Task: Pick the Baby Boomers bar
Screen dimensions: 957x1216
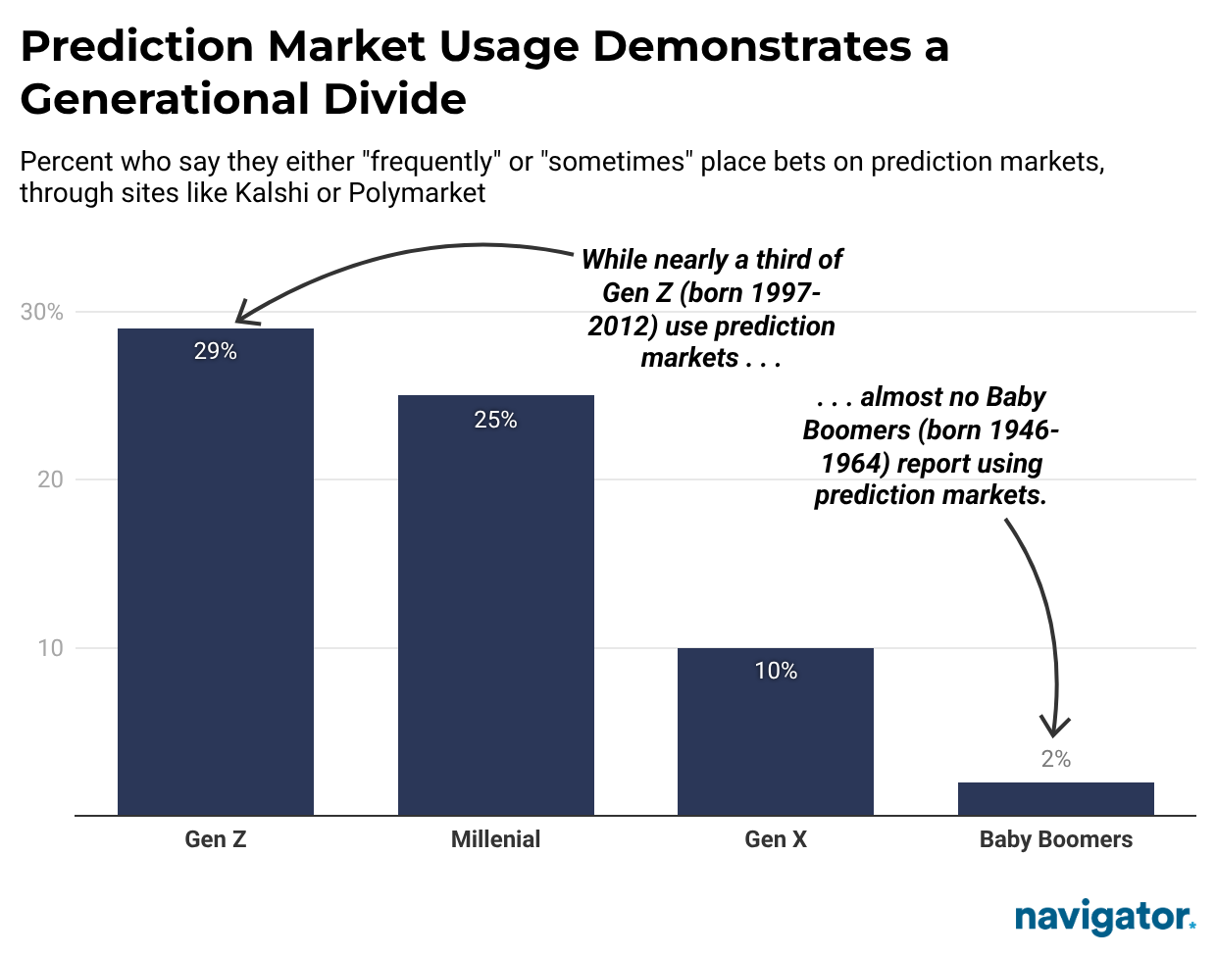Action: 1055,798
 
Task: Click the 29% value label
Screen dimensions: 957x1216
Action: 216,351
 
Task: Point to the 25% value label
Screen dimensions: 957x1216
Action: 495,420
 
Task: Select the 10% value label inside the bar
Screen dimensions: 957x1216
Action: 776,671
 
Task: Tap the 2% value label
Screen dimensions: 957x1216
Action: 1055,759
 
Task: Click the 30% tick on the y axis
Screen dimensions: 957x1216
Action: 42,312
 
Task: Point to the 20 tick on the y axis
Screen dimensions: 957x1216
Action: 50,479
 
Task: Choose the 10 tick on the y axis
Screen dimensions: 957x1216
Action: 50,648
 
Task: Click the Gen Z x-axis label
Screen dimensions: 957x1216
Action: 216,839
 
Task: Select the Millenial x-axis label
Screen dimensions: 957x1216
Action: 495,839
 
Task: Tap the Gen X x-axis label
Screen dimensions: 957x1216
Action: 776,839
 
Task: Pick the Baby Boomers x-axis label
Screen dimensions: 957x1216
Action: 1055,839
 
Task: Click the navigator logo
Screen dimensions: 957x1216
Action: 1104,917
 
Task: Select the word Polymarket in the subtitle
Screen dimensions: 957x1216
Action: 417,192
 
